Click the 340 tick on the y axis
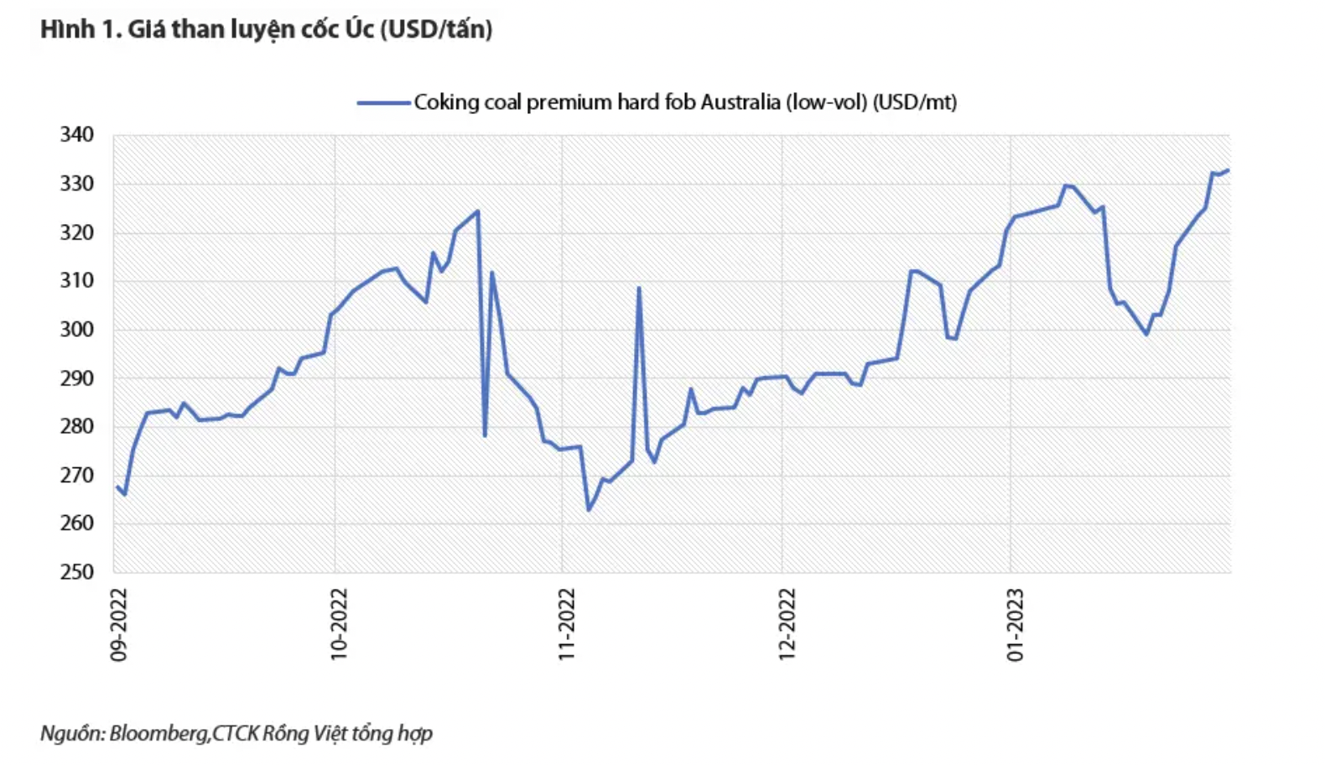point(76,135)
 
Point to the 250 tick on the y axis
point(76,572)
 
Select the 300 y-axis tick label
point(76,330)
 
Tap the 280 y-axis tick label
point(76,426)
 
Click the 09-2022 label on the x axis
point(119,624)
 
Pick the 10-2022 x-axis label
point(339,624)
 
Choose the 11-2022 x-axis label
point(567,624)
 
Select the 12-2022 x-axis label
point(787,624)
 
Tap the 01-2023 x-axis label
point(1016,624)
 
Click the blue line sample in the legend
point(383,103)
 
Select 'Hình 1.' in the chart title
point(81,29)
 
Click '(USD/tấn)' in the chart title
point(436,29)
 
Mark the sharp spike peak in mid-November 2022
point(639,289)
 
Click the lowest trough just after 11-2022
point(589,510)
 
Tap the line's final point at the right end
point(1228,170)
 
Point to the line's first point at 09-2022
point(117,487)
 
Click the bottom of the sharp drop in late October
point(485,435)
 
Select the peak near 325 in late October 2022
point(477,211)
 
